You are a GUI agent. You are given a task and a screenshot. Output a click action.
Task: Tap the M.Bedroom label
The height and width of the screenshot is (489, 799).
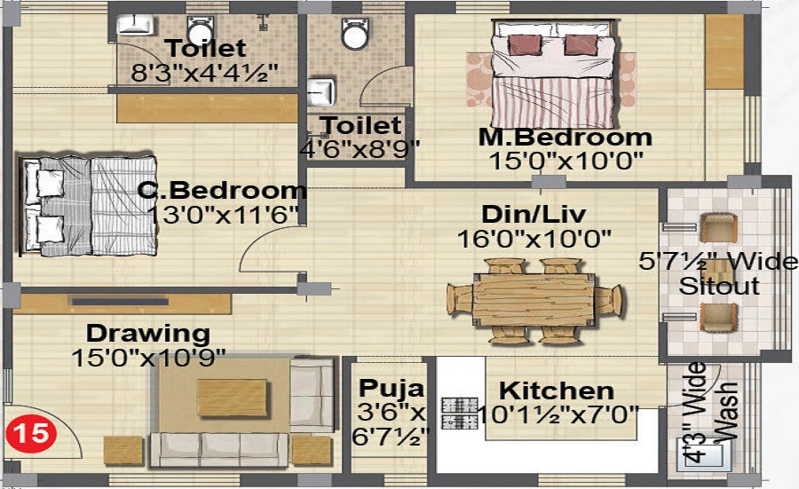click(565, 138)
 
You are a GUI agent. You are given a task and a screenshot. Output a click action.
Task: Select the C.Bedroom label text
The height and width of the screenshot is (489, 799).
click(221, 190)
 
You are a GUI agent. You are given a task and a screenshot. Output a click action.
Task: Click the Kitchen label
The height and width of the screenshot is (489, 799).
click(556, 390)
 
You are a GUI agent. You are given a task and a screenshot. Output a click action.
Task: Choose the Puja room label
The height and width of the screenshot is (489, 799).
click(392, 389)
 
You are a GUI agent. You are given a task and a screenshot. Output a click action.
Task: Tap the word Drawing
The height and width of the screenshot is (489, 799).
click(147, 335)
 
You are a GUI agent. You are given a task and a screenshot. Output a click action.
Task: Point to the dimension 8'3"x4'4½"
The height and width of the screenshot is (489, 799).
click(206, 73)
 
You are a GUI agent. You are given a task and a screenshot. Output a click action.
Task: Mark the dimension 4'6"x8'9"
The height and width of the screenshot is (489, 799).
click(360, 148)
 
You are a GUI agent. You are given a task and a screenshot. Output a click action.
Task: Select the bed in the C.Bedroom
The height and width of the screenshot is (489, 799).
click(89, 205)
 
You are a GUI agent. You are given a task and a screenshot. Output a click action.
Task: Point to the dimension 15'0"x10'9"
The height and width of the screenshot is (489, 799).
click(148, 357)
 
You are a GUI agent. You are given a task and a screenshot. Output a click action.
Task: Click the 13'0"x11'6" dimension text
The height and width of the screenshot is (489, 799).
click(224, 214)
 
